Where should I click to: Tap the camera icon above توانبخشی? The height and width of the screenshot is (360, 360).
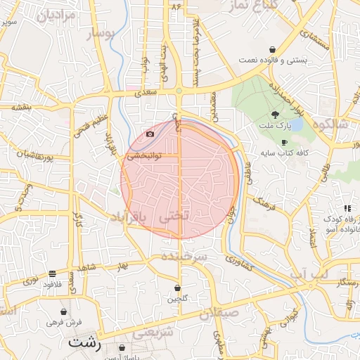[150, 134]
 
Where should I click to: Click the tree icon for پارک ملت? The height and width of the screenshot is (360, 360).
[274, 115]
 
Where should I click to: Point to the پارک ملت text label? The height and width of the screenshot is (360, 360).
[278, 127]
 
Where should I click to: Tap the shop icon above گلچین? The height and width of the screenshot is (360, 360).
[177, 287]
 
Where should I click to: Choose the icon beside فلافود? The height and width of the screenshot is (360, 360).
[53, 274]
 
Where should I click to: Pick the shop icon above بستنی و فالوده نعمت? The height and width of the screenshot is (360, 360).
[271, 49]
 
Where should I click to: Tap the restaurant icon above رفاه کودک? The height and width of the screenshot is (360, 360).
[347, 208]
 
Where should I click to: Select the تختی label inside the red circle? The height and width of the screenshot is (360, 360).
[176, 217]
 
